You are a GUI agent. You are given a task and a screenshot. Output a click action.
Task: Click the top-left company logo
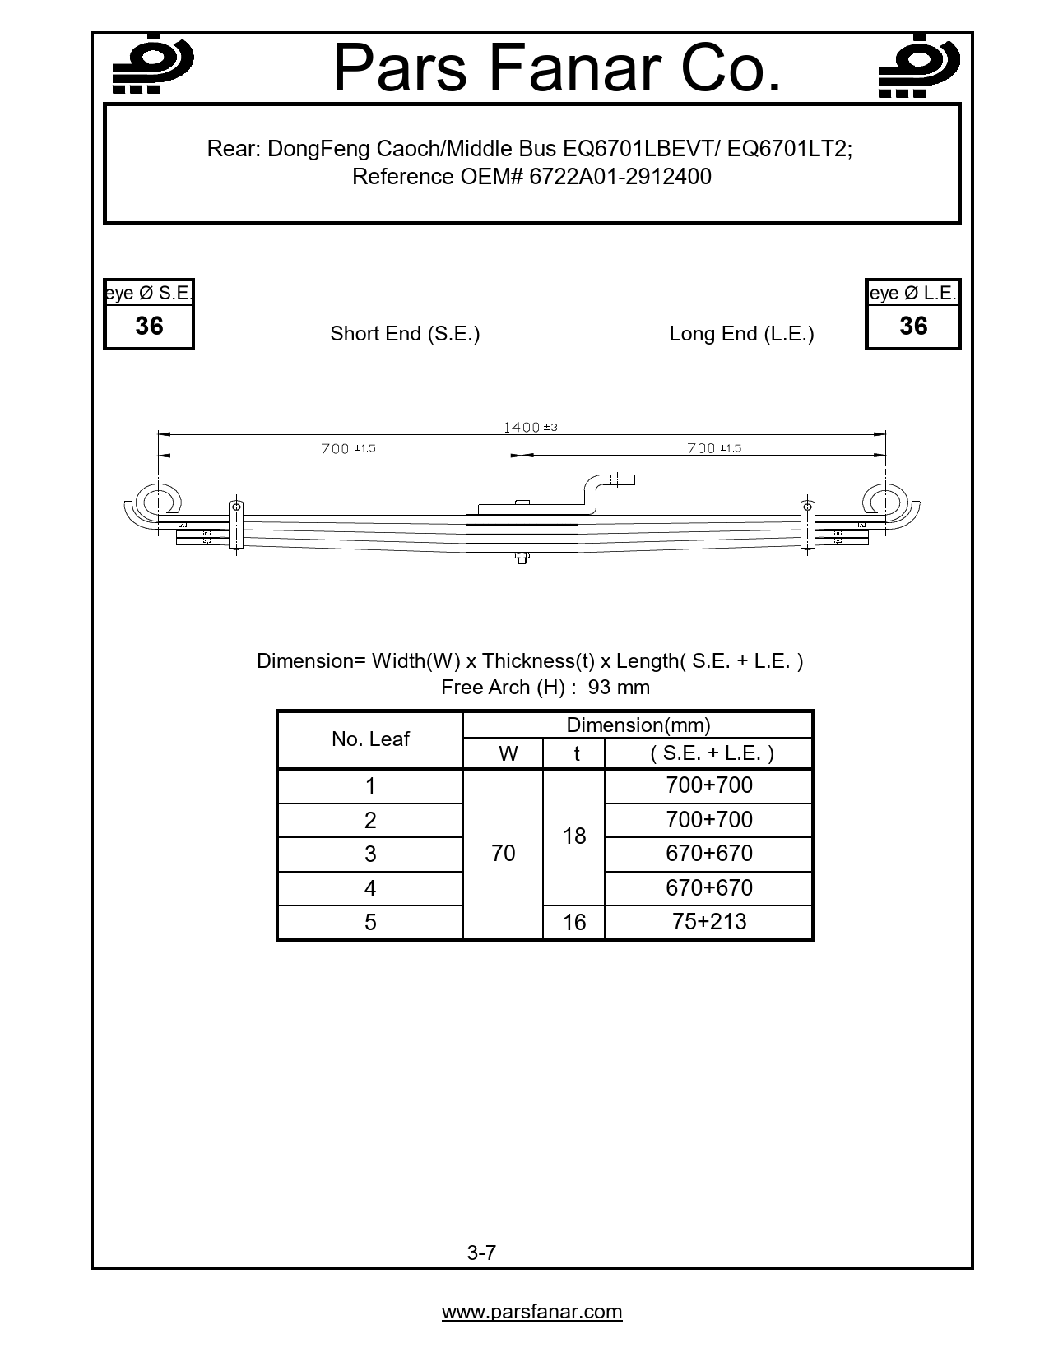coord(152,66)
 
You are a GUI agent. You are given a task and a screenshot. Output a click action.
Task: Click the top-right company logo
coord(918,66)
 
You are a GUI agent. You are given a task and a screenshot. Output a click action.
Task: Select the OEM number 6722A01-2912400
coord(620,177)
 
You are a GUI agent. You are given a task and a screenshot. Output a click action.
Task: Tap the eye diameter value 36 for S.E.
coord(149,327)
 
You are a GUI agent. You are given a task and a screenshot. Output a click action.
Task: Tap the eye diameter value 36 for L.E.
coord(913,327)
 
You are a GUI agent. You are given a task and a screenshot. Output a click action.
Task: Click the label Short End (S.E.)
coord(405,334)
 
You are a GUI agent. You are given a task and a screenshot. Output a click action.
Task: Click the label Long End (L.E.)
coord(741,334)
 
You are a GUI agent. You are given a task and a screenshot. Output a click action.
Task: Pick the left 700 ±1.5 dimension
coord(348,448)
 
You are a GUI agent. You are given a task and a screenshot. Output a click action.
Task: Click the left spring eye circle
coord(155,502)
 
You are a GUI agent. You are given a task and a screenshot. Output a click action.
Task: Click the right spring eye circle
coord(883,502)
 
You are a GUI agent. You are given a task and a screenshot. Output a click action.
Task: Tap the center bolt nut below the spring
coord(521,561)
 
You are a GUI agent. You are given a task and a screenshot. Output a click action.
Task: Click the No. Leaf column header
coord(370,739)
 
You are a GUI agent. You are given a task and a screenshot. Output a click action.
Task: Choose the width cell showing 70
coord(503,854)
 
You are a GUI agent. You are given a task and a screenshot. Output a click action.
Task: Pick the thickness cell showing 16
coord(574,923)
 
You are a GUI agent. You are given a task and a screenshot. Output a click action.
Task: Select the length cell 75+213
coord(709,922)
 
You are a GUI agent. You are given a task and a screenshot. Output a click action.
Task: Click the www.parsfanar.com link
coord(531,1312)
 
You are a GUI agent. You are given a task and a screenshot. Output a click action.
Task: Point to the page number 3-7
coord(481,1253)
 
